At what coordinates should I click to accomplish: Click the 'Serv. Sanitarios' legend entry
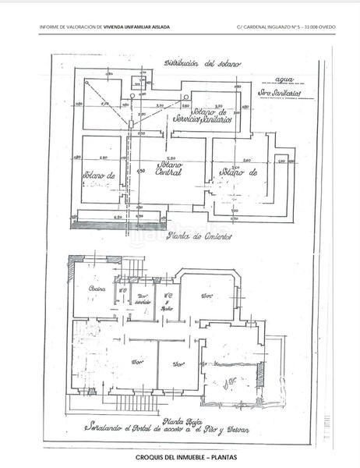coord(277,94)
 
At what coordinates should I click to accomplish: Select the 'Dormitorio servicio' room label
coord(143,300)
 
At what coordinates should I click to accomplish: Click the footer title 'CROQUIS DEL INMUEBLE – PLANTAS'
coord(180,457)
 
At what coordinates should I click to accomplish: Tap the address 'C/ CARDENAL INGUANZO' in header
coord(269,27)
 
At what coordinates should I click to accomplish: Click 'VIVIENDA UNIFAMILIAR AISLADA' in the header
coord(138,27)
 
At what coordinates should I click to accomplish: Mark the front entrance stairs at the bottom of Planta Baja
coord(125,405)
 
